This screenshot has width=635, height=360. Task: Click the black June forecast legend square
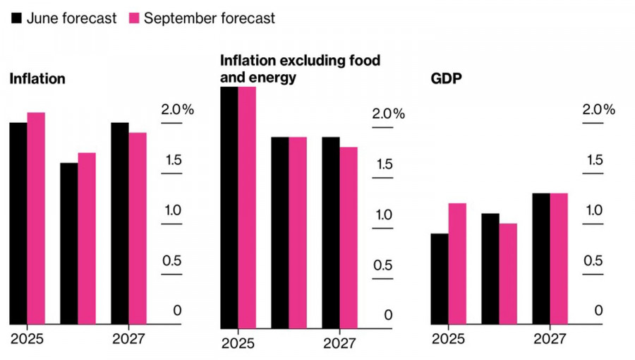point(16,18)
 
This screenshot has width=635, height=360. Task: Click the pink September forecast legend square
point(133,18)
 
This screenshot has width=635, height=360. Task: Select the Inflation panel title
point(37,79)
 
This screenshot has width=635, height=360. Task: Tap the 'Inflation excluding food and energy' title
point(300,68)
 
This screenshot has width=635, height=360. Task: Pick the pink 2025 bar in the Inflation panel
point(36,218)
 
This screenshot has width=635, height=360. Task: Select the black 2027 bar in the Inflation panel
point(119,223)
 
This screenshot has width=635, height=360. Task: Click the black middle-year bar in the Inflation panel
point(68,244)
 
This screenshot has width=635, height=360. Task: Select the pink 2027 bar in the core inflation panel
point(349,238)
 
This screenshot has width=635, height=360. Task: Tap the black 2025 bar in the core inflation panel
point(229,208)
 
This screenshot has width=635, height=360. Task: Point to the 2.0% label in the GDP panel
point(598,110)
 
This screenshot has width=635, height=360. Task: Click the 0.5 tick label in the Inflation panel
point(171,261)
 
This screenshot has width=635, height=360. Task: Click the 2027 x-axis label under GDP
point(549,340)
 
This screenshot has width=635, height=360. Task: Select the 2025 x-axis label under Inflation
point(27,340)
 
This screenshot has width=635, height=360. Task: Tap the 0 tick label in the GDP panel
point(598,311)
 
